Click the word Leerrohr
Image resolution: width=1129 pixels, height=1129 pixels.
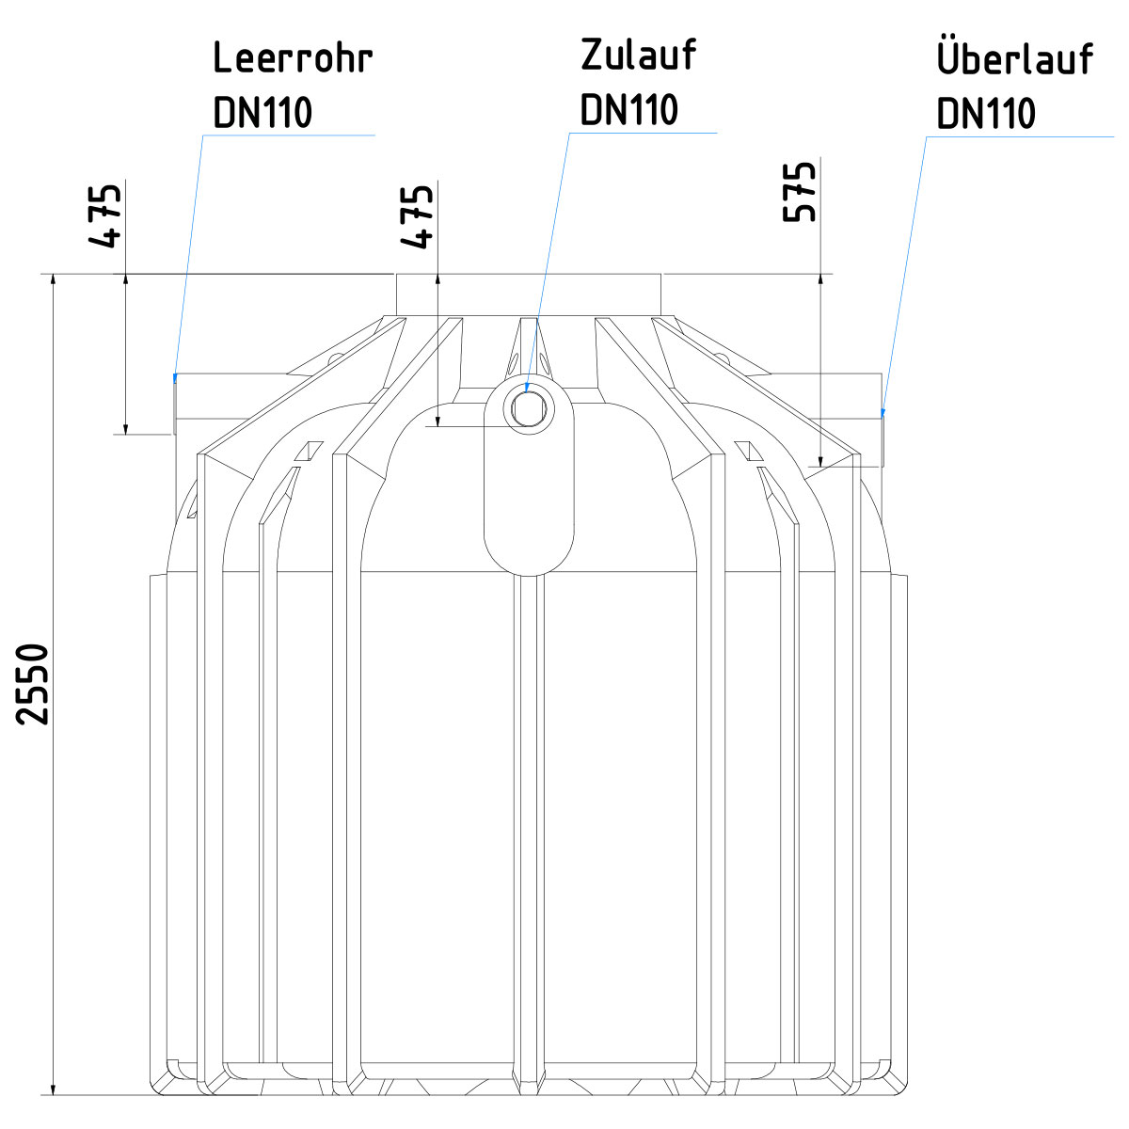[x=293, y=58]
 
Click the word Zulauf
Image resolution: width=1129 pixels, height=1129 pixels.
[x=638, y=56]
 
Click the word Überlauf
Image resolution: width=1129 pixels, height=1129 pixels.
[x=1014, y=58]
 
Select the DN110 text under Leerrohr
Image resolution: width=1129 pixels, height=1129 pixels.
[x=262, y=113]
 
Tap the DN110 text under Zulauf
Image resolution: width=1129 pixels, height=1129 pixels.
[x=628, y=110]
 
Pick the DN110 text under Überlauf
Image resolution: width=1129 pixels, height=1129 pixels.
[x=985, y=114]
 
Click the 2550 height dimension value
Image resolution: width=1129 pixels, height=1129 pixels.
[x=34, y=684]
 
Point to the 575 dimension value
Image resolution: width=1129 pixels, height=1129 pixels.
[x=800, y=193]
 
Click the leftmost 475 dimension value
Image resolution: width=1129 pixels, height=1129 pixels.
[x=105, y=215]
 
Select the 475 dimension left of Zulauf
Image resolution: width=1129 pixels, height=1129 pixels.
[x=418, y=215]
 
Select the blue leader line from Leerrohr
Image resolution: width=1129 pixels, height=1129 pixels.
[x=188, y=254]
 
